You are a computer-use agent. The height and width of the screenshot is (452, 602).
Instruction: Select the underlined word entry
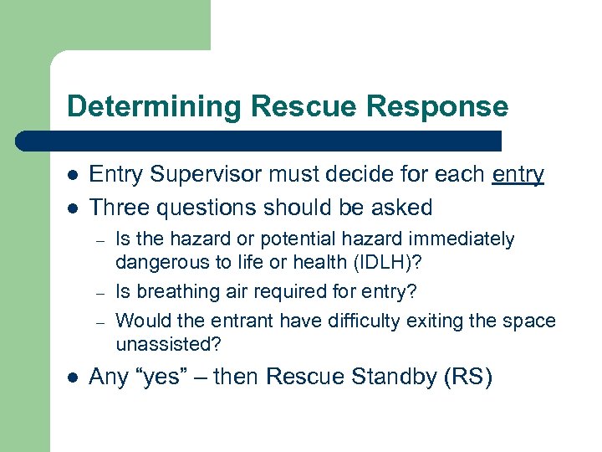coord(518,174)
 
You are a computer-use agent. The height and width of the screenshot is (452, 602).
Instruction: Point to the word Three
coord(120,207)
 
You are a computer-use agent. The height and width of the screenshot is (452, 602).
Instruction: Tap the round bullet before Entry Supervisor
coord(72,175)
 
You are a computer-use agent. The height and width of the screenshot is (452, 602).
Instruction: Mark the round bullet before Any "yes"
coord(72,378)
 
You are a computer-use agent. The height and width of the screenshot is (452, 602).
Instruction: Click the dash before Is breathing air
coord(98,292)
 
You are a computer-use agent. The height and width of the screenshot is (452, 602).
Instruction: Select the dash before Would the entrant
coord(98,321)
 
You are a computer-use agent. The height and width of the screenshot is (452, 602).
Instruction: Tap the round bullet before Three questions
coord(72,208)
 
